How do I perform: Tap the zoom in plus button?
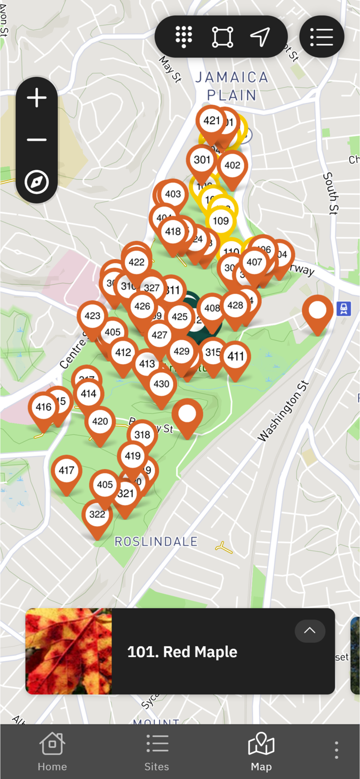36,98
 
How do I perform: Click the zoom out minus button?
36,140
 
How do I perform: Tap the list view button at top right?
322,36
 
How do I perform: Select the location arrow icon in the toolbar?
260,36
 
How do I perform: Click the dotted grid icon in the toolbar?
183,36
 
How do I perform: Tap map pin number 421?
211,121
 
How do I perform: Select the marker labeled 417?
66,471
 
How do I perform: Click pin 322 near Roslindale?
97,515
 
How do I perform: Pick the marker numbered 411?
236,357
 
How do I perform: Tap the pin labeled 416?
44,408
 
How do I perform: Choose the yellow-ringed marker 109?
221,221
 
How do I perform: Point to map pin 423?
92,316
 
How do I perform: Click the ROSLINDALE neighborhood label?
156,542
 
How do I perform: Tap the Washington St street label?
283,411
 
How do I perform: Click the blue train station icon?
343,309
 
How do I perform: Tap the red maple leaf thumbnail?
69,651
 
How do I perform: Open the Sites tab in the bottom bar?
157,751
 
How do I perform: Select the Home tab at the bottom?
52,751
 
